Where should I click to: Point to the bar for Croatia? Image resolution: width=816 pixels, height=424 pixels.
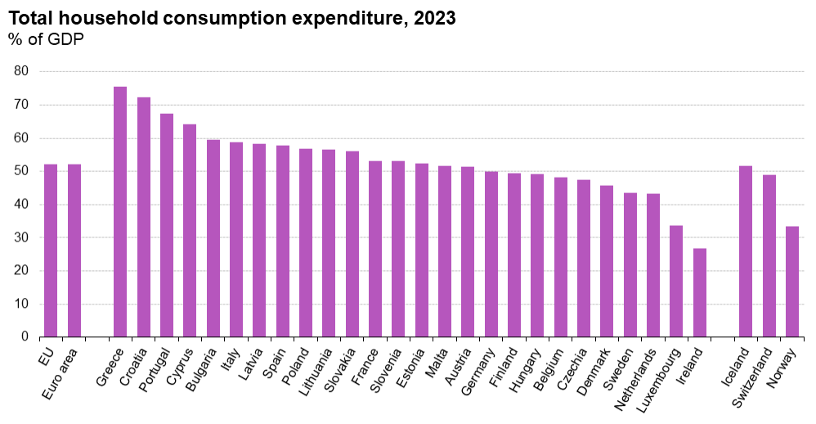point(144,217)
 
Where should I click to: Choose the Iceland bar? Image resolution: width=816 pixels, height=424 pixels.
point(746,251)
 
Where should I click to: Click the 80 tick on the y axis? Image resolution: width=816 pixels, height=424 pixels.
point(22,71)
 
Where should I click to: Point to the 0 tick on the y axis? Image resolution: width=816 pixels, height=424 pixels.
point(25,336)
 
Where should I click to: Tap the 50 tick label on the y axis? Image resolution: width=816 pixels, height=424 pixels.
point(22,171)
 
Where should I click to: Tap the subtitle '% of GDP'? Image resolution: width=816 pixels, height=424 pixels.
point(46,38)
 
